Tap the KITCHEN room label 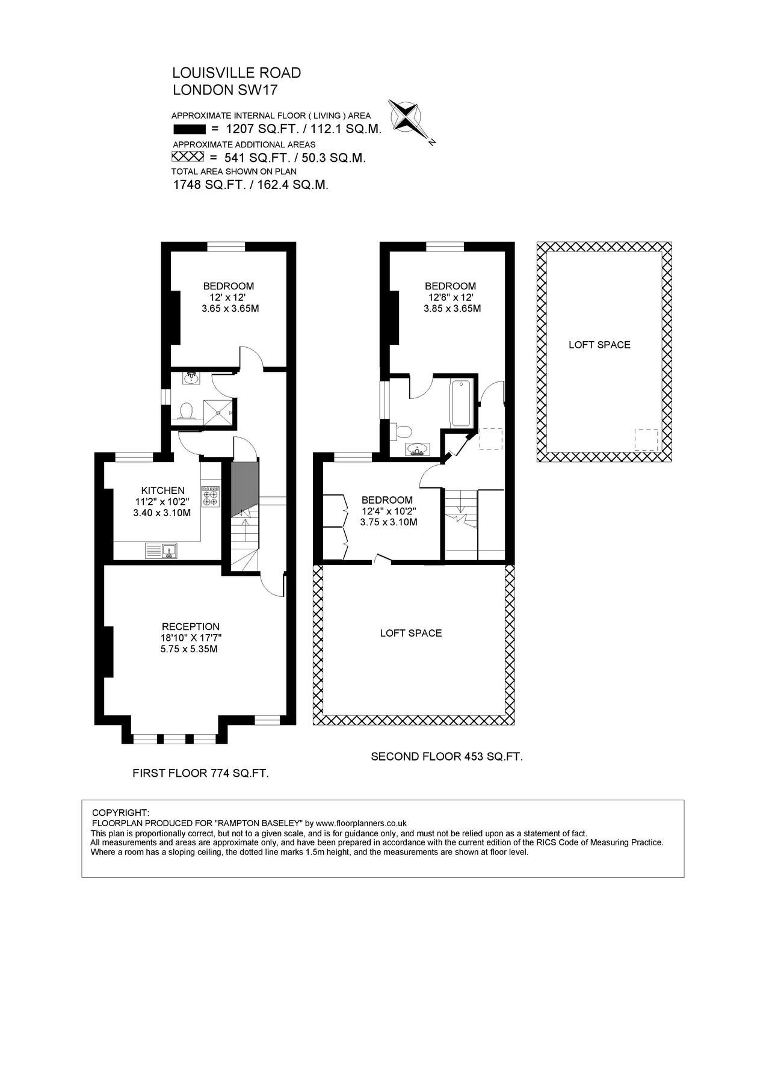click(x=162, y=490)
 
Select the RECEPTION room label click(x=190, y=626)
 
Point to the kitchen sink click(x=162, y=550)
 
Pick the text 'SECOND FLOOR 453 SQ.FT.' click(x=446, y=756)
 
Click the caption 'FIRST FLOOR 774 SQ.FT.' click(x=200, y=774)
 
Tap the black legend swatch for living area click(x=189, y=129)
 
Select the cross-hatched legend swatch click(x=189, y=157)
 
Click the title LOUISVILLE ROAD click(x=236, y=73)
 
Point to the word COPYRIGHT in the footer click(x=125, y=812)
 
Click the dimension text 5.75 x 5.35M click(x=189, y=649)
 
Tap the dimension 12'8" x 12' click(x=451, y=297)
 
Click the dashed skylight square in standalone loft click(x=646, y=440)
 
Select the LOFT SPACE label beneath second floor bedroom click(x=411, y=633)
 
